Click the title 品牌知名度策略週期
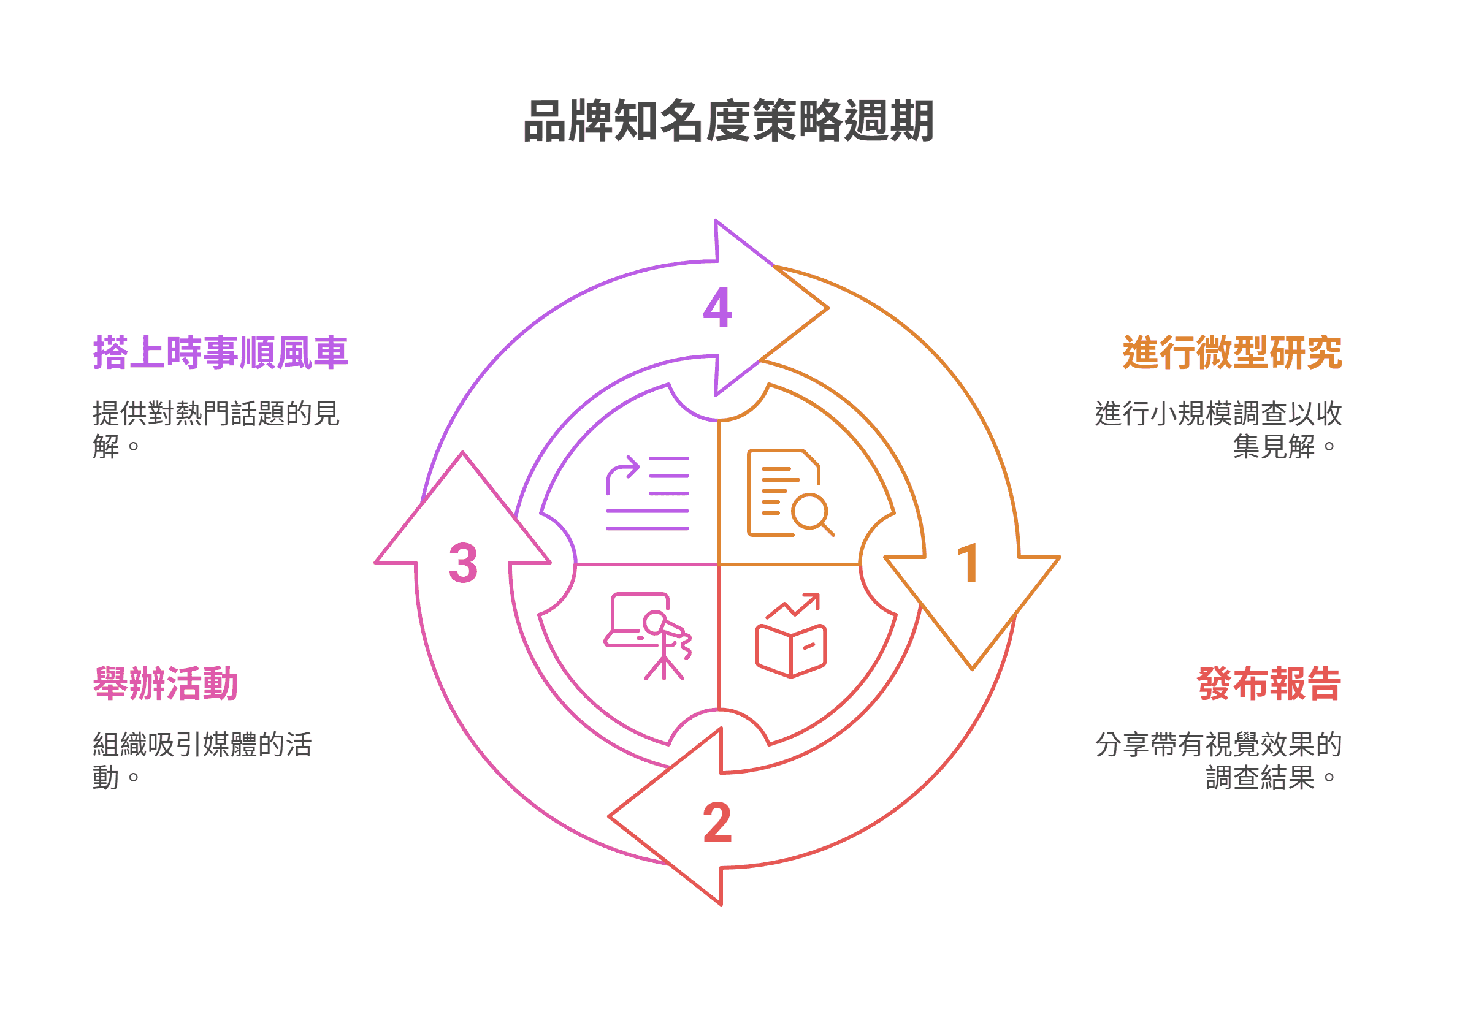pos(728,121)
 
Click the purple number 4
pos(717,308)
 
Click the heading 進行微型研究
pos(1232,352)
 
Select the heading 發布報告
pos(1269,684)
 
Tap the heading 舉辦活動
pos(166,684)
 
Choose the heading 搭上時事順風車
pos(220,352)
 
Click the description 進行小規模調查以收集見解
pos(1218,430)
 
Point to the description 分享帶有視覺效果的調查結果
pos(1218,761)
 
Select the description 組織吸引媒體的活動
pos(202,761)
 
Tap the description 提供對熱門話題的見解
pos(216,430)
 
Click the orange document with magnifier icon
pos(789,493)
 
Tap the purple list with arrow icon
pos(648,493)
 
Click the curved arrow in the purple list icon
pos(621,472)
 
